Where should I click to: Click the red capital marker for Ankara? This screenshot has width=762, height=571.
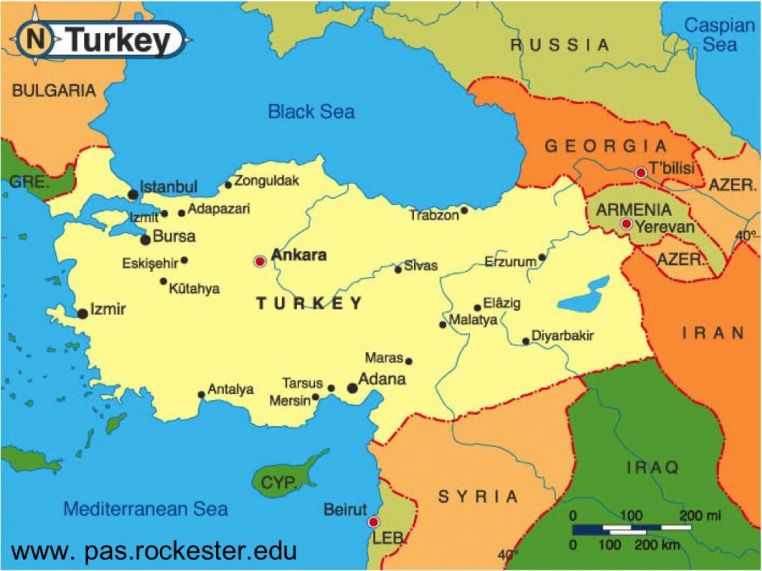260,261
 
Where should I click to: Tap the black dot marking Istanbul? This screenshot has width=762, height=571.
133,194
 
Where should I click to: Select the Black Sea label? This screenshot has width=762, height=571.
311,112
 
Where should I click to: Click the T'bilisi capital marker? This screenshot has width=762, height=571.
641,172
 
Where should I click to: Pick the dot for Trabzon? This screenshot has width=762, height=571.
464,210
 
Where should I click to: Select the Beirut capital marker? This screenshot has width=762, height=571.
373,522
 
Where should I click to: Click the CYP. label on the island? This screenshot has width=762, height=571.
279,483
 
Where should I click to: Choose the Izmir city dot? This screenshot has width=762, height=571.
83,314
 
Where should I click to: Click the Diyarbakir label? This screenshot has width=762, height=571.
562,336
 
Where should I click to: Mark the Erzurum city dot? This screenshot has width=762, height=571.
542,257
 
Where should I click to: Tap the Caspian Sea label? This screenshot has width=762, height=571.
719,35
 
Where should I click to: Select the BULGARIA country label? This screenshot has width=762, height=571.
53,90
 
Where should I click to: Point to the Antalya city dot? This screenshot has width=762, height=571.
201,394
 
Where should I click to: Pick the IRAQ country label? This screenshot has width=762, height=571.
653,468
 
